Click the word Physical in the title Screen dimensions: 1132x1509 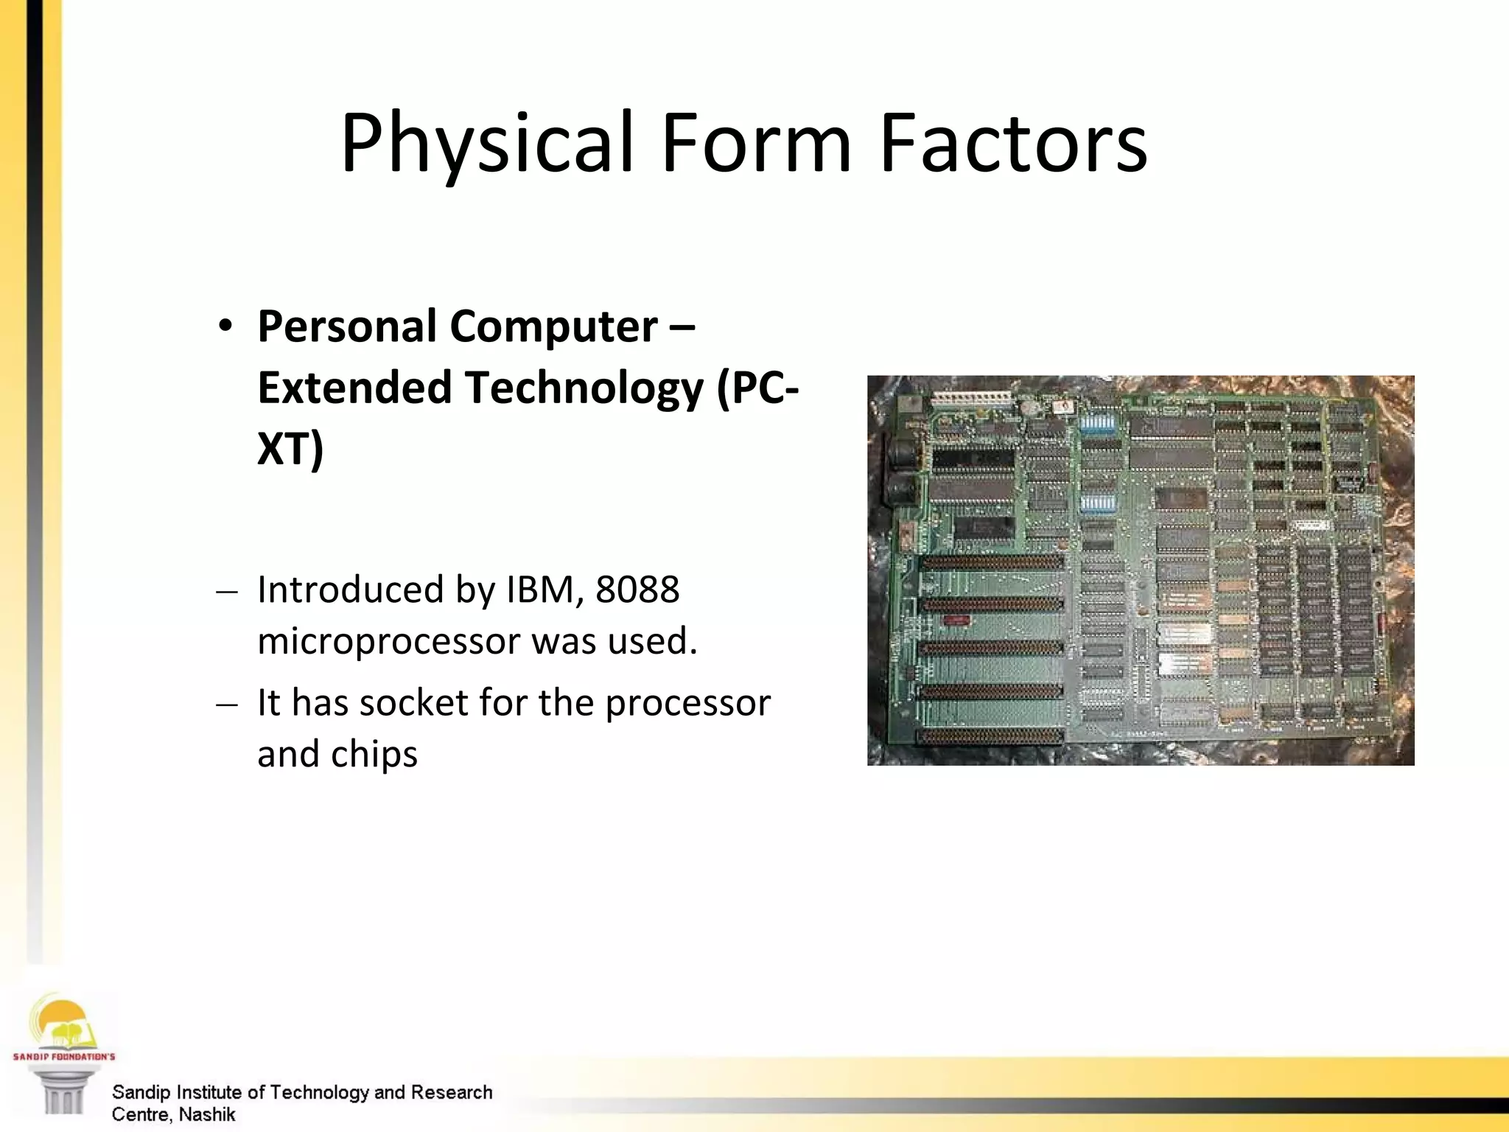tap(486, 144)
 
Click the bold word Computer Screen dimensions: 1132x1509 tap(553, 326)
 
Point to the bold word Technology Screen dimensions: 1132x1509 tap(585, 388)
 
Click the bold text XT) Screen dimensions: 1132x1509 tap(290, 448)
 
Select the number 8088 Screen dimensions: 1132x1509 tap(637, 590)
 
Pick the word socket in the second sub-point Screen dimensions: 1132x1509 tap(414, 702)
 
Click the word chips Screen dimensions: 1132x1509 tap(374, 754)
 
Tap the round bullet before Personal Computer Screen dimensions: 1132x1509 tap(225, 326)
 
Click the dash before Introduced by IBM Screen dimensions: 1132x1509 tap(227, 591)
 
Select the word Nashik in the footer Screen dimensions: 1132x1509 tap(207, 1114)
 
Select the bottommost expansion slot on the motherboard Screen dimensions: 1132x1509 tap(991, 736)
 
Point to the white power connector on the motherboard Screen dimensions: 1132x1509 tap(971, 399)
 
